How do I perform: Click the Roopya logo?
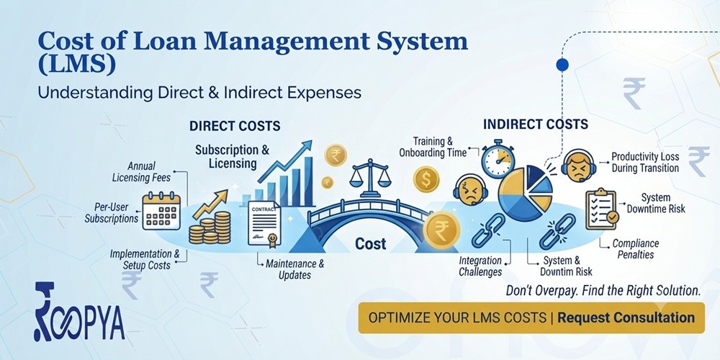79,312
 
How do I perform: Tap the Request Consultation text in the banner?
626,318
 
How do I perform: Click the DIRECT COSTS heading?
235,126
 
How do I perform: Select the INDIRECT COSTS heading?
536,124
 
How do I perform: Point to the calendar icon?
161,211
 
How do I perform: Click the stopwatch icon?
498,158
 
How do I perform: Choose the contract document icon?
264,223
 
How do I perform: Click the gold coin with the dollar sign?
426,179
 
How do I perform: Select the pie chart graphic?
526,193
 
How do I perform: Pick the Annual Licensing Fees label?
141,171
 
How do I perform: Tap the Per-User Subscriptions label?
112,212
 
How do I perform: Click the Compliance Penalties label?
636,248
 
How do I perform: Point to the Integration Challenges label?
480,266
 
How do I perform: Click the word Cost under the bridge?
371,244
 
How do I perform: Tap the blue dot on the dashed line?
562,65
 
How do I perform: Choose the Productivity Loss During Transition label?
644,162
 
